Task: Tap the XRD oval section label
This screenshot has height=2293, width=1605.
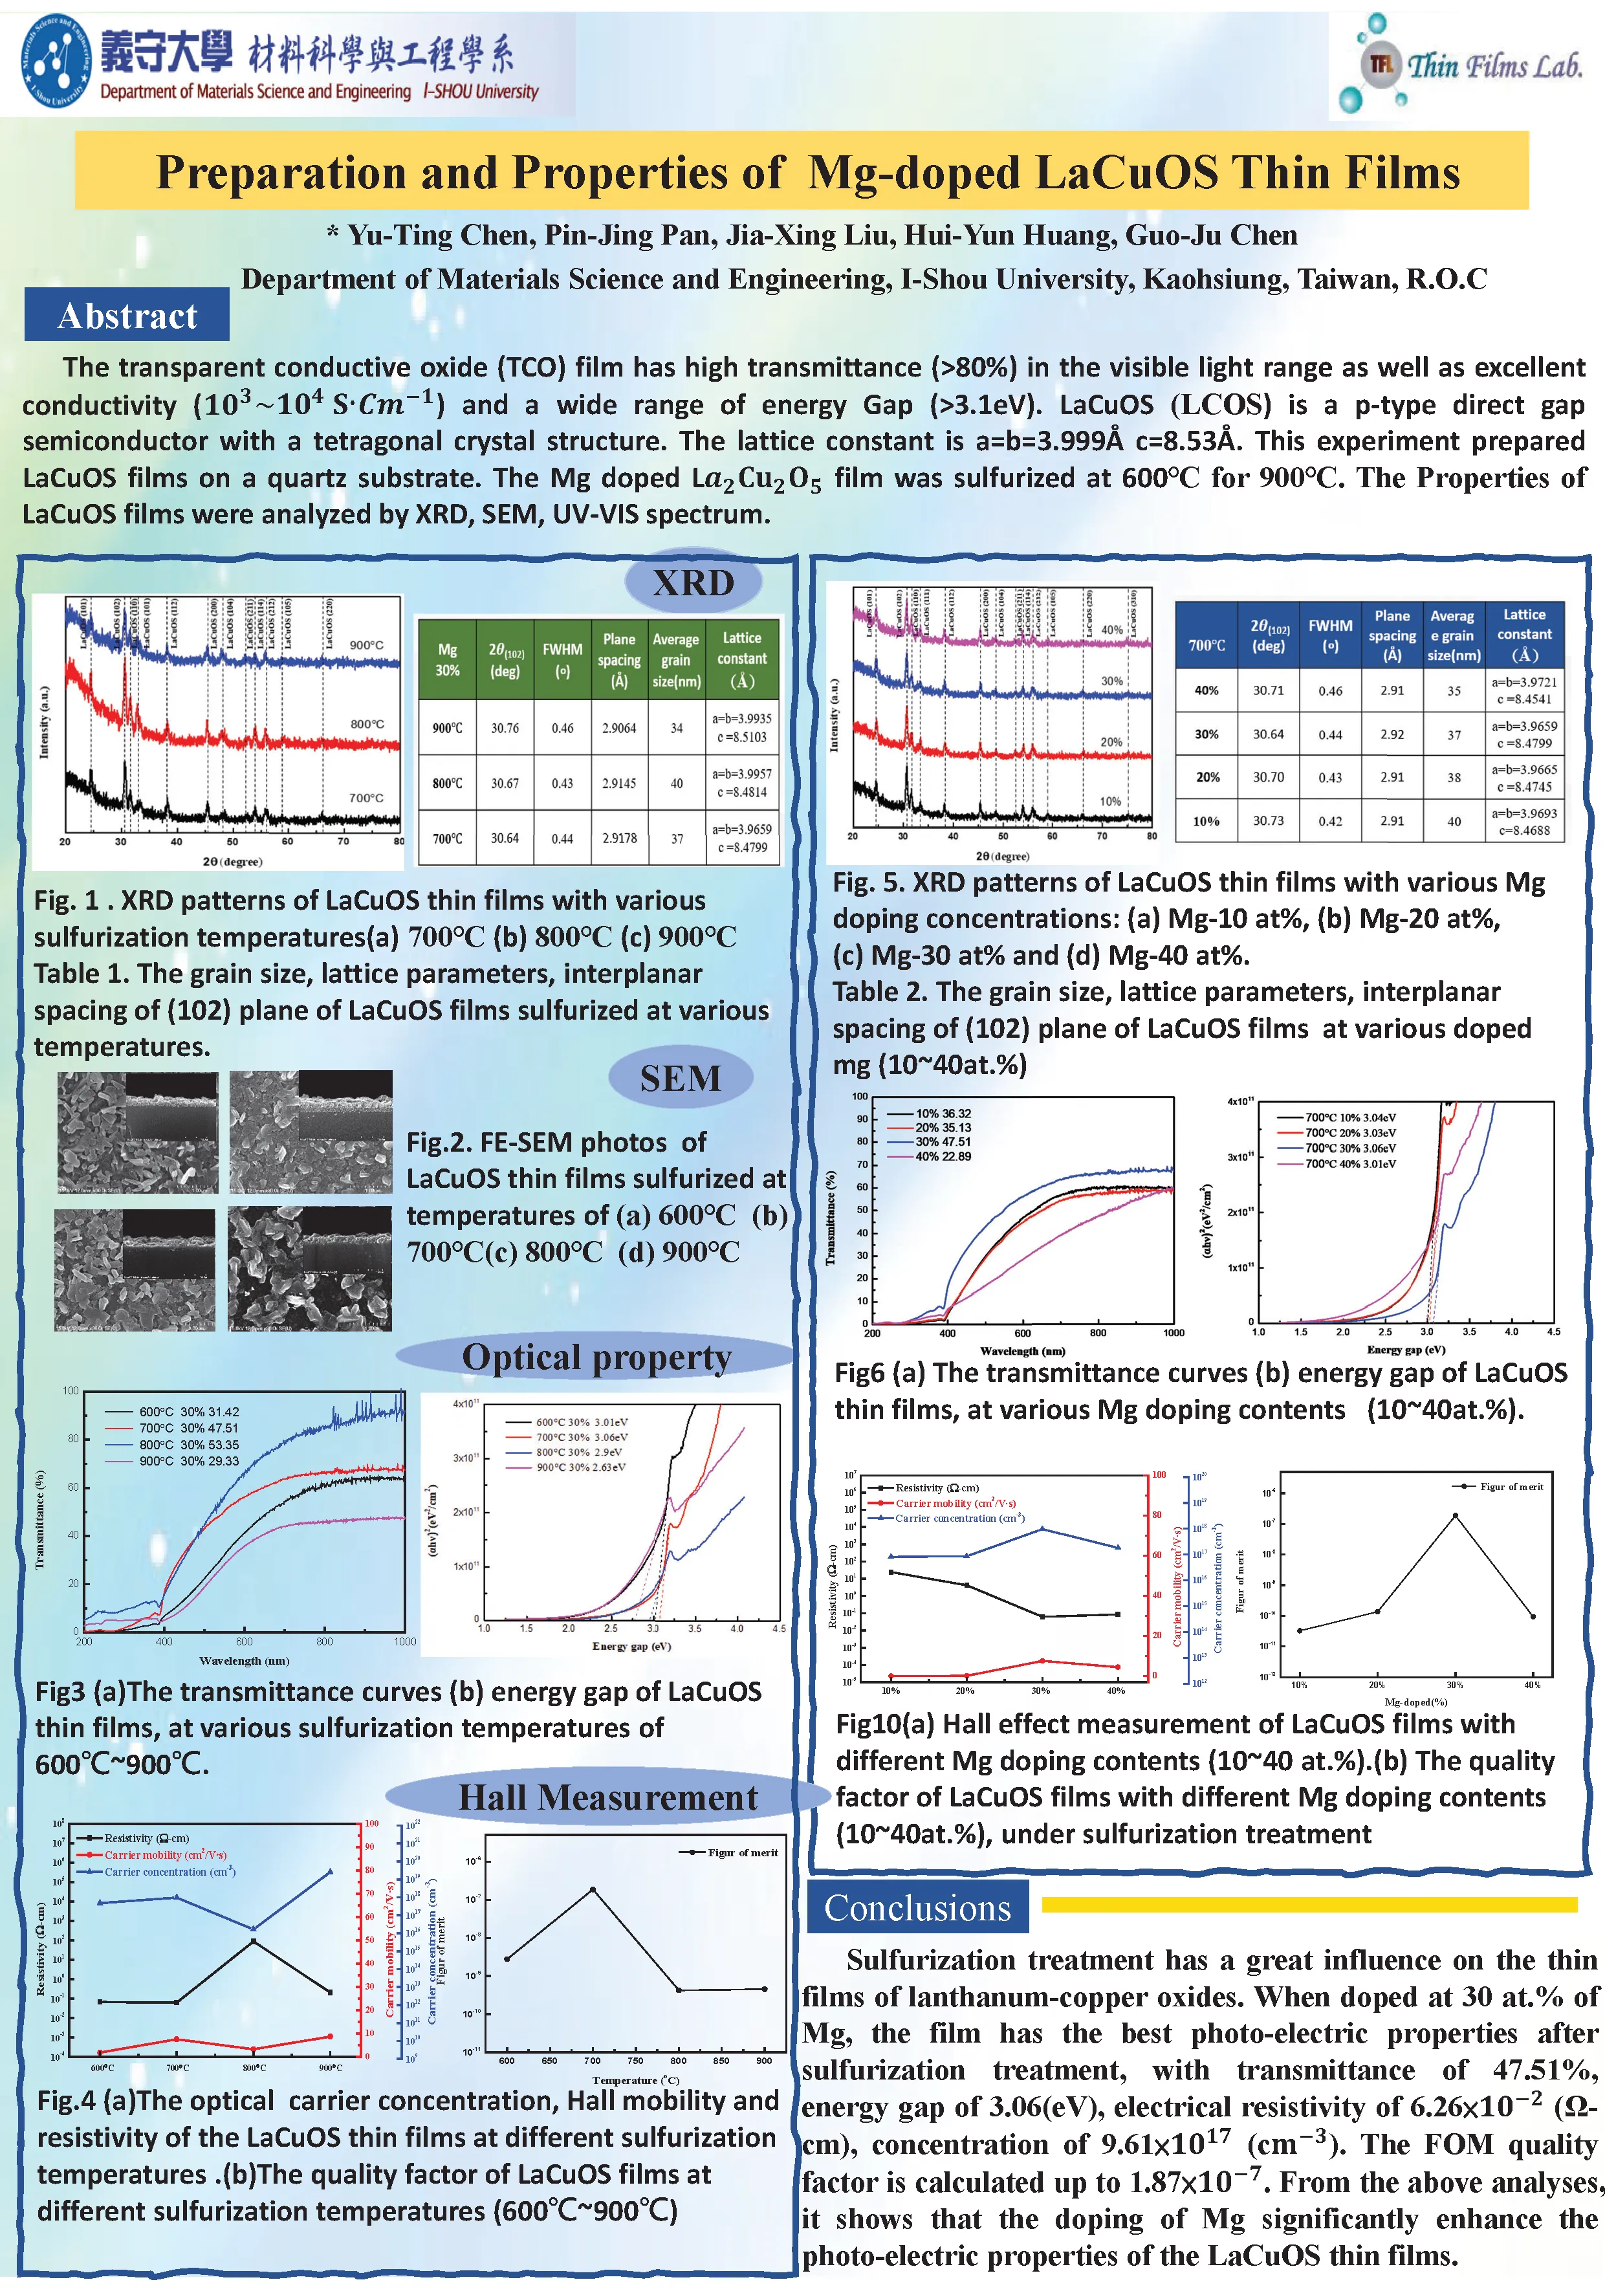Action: [x=693, y=582]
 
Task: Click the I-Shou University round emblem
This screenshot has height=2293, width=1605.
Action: [x=55, y=62]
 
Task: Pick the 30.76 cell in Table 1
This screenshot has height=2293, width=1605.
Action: [x=505, y=728]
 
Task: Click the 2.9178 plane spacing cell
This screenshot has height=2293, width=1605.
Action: [x=619, y=838]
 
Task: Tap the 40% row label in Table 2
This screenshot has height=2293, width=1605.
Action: [x=1206, y=690]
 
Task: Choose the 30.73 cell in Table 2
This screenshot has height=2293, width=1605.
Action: [x=1269, y=821]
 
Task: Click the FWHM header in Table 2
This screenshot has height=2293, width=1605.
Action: [x=1330, y=633]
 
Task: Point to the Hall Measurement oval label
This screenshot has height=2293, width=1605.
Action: [x=607, y=1797]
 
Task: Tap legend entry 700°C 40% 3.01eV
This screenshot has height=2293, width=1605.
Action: [x=1350, y=1163]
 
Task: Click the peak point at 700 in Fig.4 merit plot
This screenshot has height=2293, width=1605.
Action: [x=593, y=1889]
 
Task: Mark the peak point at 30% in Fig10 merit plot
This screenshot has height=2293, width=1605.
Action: [x=1454, y=1515]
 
